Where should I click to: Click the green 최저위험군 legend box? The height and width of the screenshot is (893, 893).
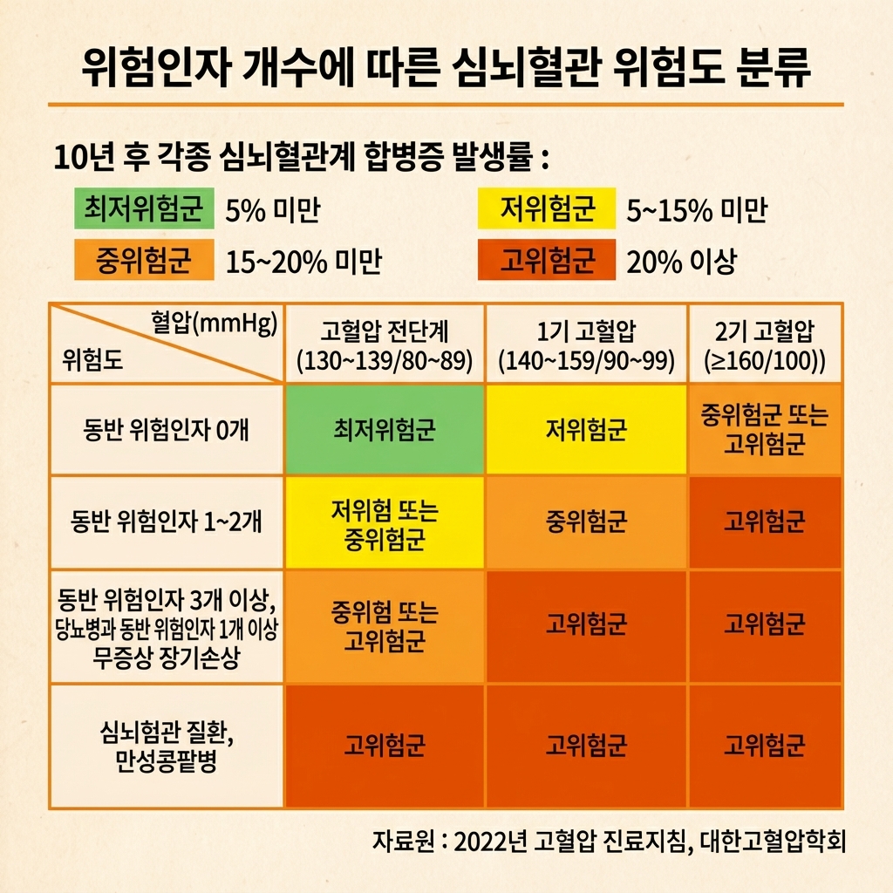(144, 209)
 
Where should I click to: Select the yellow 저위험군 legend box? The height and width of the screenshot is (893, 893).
(547, 209)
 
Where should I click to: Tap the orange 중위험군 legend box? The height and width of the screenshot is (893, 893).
(144, 260)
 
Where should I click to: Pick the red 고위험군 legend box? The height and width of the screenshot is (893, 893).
(547, 260)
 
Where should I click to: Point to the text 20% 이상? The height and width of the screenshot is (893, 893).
(682, 261)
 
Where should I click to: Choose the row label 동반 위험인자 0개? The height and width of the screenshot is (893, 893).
(167, 430)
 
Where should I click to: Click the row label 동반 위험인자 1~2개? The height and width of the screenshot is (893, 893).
(167, 522)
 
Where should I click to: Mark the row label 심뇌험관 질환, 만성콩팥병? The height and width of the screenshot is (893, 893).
(167, 746)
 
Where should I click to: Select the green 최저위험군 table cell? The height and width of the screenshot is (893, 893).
(385, 430)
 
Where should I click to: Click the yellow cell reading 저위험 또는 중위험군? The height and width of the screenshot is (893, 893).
(385, 523)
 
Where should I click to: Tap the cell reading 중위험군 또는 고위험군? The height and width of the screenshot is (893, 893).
(765, 430)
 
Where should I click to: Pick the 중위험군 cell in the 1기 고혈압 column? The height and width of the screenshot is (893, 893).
(587, 523)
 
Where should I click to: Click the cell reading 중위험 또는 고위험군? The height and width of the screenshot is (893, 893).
(385, 626)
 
